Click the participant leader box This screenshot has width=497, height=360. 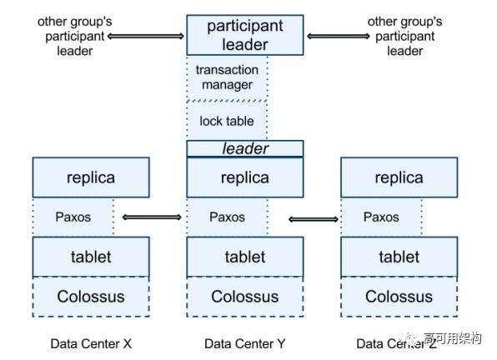tap(245, 35)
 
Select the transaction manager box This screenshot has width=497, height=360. tap(227, 77)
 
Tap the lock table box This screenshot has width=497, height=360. tap(227, 121)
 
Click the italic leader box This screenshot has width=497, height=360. tap(245, 148)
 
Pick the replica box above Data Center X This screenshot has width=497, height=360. tap(91, 177)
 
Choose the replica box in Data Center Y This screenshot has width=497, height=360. tap(245, 177)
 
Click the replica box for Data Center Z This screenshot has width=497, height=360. tap(399, 177)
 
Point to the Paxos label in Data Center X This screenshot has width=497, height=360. tap(73, 217)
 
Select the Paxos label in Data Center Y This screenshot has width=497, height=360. tap(227, 217)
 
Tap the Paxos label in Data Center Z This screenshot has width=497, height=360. tap(381, 217)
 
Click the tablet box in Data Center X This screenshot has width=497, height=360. tap(91, 257)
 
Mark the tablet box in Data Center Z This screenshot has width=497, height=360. tap(399, 257)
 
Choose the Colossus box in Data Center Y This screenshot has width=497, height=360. tap(245, 297)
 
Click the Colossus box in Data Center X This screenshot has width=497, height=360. tap(91, 297)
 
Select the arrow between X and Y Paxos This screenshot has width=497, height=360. tap(152, 217)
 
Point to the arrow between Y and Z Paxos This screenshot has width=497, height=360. tap(314, 219)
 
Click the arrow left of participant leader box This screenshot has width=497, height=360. tap(146, 36)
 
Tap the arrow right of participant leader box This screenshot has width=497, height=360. tap(339, 37)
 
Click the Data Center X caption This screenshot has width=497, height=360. tap(91, 344)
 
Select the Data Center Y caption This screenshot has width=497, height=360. tap(244, 344)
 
